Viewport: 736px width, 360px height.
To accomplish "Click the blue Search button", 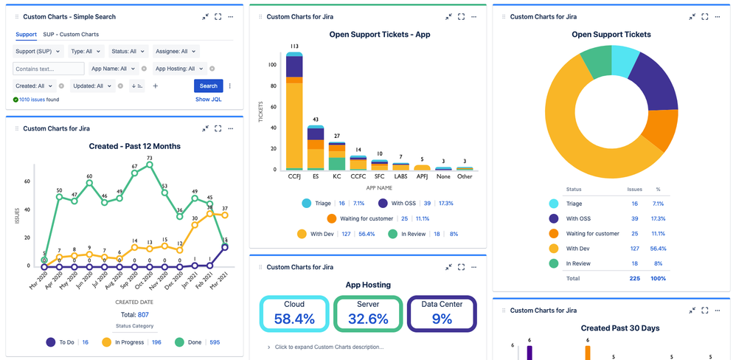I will point(209,86).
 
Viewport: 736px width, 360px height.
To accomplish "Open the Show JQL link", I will point(209,99).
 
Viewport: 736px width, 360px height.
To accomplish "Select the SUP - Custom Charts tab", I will point(71,34).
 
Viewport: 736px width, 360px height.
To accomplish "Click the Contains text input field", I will point(49,69).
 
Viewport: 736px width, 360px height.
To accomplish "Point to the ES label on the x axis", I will point(315,177).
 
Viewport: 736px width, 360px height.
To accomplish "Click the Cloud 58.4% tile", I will point(294,314).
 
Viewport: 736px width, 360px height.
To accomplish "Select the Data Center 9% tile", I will point(441,314).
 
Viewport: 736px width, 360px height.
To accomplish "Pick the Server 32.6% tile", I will point(368,314).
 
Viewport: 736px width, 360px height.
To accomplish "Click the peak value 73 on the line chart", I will point(150,158).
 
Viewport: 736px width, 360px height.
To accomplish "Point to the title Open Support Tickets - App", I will point(379,34).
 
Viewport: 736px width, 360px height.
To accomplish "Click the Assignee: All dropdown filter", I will point(178,52).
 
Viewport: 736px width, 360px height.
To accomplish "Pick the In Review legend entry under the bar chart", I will point(414,233).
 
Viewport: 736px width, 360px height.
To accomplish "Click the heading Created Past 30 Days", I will point(619,328).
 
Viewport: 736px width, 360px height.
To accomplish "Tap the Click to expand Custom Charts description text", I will point(328,347).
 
